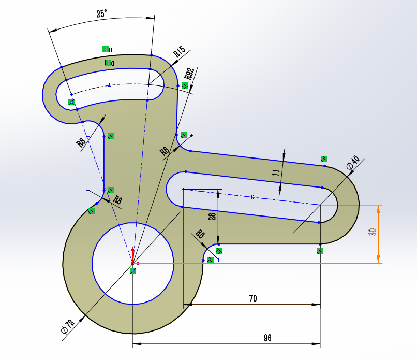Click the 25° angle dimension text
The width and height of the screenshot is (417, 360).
click(101, 14)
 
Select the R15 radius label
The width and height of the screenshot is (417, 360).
click(179, 51)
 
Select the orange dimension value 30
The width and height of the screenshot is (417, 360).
click(371, 232)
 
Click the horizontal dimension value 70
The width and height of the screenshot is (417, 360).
click(253, 298)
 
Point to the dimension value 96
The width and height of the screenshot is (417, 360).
click(267, 338)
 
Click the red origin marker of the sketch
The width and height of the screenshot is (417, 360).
click(133, 263)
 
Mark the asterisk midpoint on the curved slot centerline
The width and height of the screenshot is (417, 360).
click(109, 85)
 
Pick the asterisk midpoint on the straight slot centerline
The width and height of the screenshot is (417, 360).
click(251, 197)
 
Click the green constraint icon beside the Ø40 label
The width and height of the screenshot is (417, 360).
click(324, 159)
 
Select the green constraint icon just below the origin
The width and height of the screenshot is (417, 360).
click(133, 271)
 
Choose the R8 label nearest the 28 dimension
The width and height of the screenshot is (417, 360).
click(200, 235)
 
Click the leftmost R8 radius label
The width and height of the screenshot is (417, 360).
click(82, 142)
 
